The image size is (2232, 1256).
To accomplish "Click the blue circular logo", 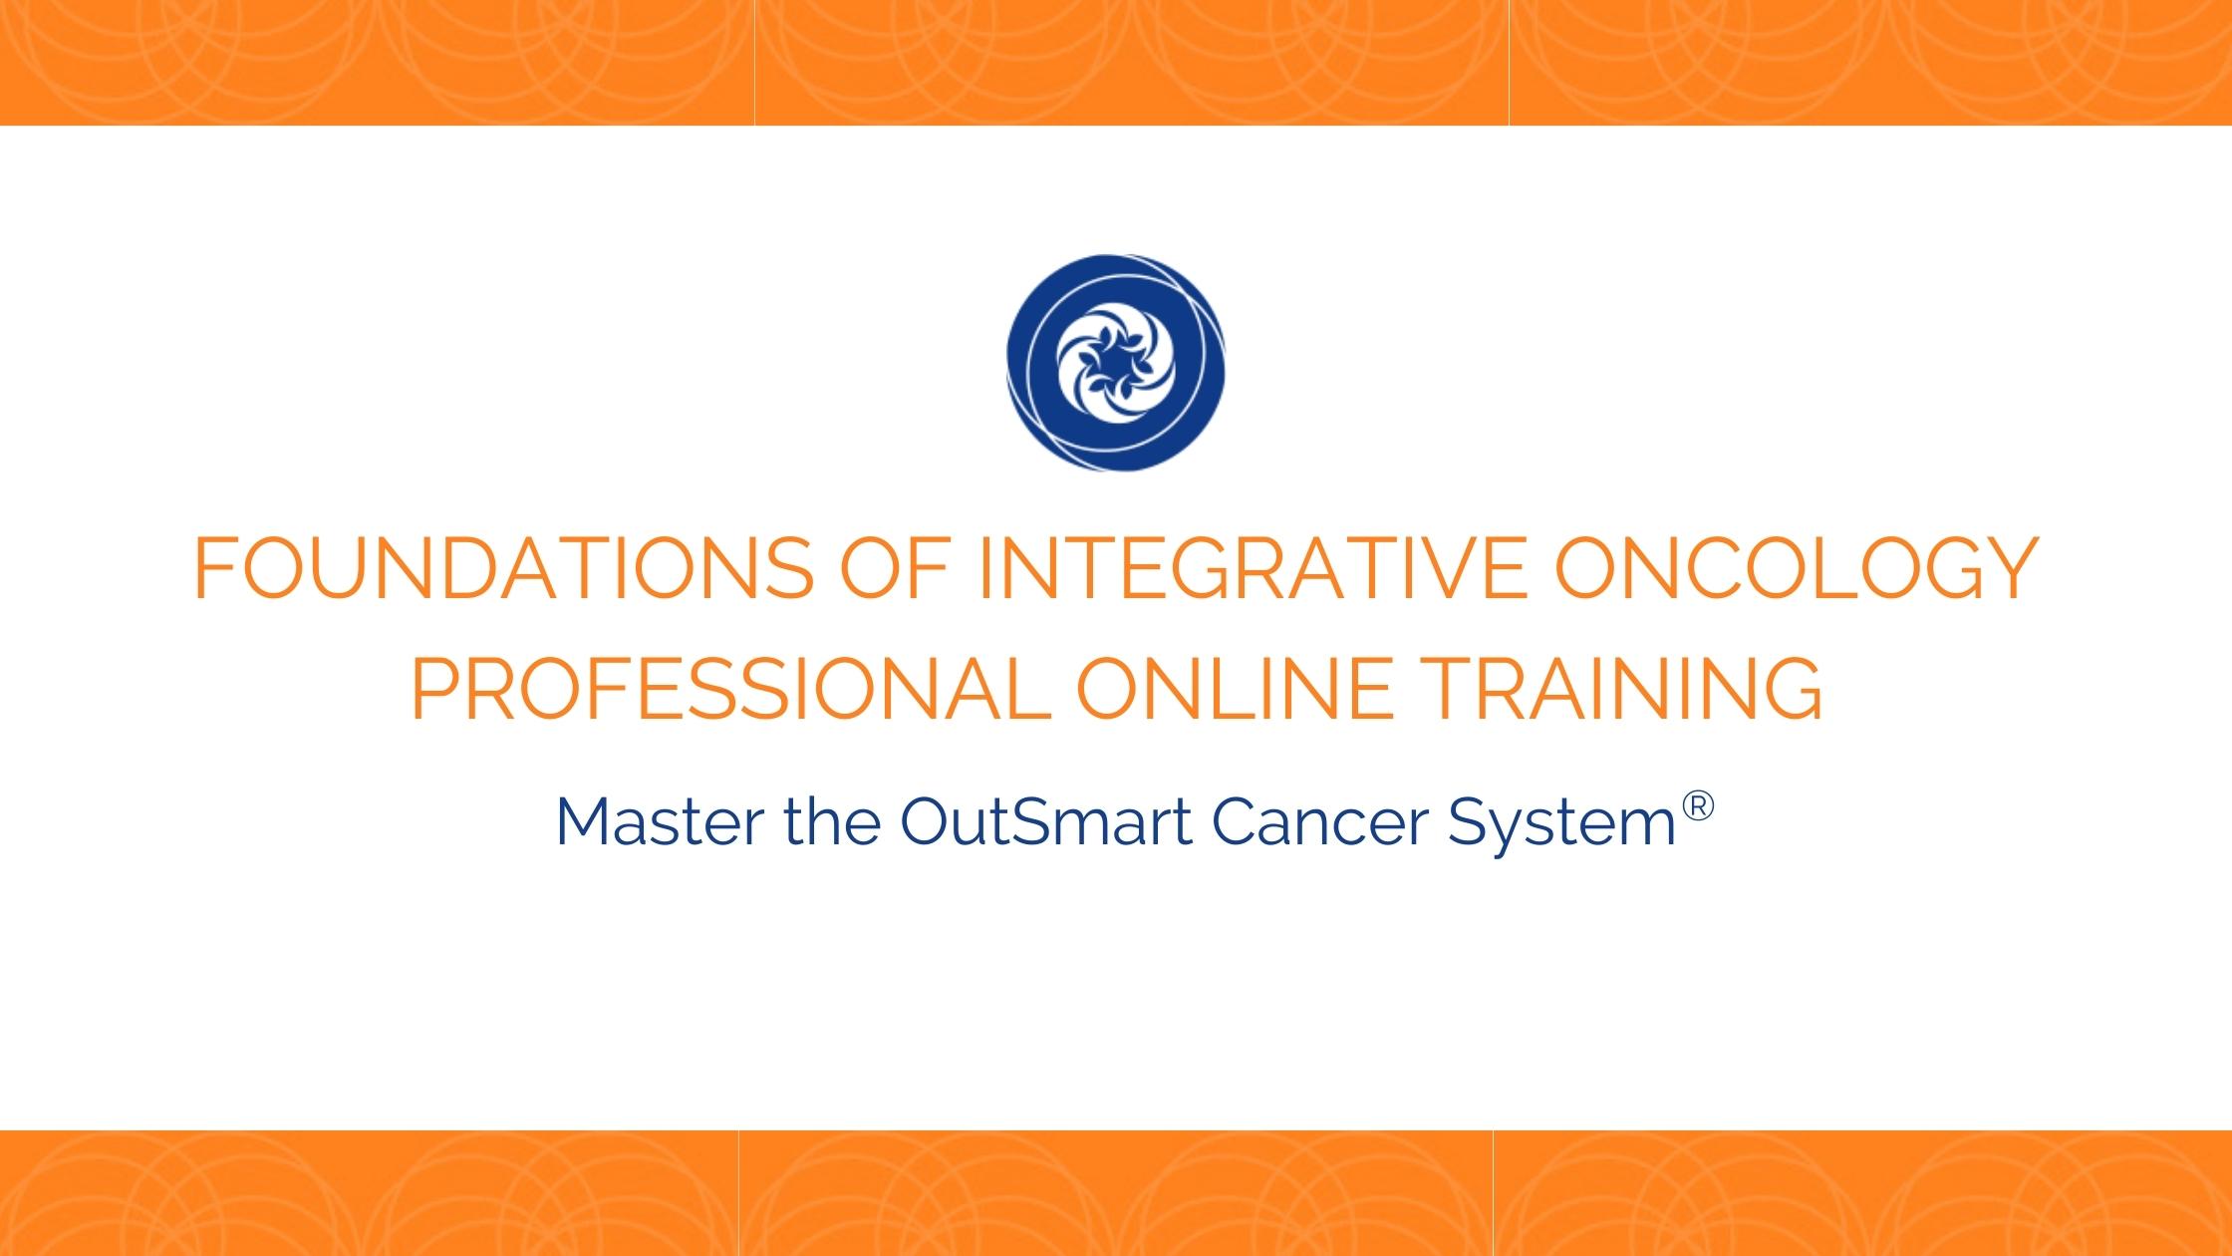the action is (x=1116, y=362).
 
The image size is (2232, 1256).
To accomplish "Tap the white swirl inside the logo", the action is (x=1116, y=363).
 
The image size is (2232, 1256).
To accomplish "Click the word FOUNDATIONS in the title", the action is (x=503, y=568).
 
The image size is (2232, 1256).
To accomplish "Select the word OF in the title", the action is (x=905, y=568).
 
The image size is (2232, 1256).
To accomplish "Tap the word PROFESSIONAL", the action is (x=730, y=689).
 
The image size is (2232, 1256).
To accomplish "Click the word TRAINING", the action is (x=1624, y=689).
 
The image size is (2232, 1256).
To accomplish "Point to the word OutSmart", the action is (x=1045, y=822).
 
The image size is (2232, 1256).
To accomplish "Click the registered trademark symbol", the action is (x=1698, y=805).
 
